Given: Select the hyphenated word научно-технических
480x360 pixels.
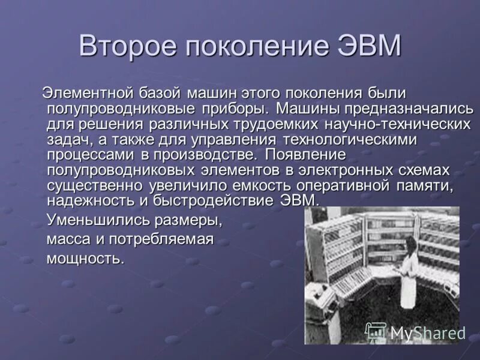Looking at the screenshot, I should [397, 124].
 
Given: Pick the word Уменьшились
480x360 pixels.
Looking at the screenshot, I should [98, 220].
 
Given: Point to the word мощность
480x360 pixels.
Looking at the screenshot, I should [86, 259].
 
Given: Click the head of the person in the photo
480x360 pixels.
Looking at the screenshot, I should [412, 242].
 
